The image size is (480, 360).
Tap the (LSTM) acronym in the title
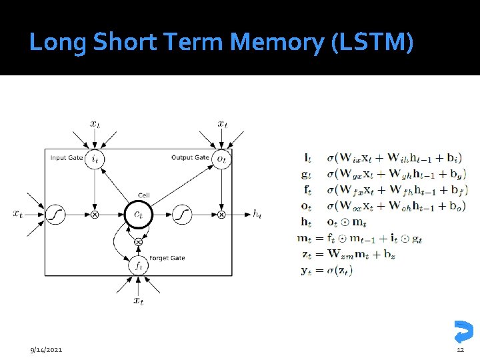tap(372, 43)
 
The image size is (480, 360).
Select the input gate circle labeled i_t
tap(95, 159)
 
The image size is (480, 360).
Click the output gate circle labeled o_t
tap(221, 159)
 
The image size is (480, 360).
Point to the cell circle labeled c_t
tap(138, 214)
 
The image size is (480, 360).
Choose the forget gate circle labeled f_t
tap(138, 265)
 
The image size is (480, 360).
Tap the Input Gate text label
tap(67, 158)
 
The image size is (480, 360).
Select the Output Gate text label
tap(190, 158)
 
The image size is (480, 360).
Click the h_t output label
tap(257, 214)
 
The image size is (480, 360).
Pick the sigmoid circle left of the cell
tap(55, 214)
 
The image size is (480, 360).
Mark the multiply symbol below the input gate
tap(95, 215)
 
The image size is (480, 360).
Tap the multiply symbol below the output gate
tap(221, 215)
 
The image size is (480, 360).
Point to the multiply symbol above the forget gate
tap(138, 241)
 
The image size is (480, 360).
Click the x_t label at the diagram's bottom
tap(138, 301)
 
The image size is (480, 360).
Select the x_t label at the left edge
tap(19, 213)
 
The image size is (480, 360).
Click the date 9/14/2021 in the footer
tap(46, 350)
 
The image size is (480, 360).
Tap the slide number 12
tap(460, 350)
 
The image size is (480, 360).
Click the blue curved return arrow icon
tap(462, 331)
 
